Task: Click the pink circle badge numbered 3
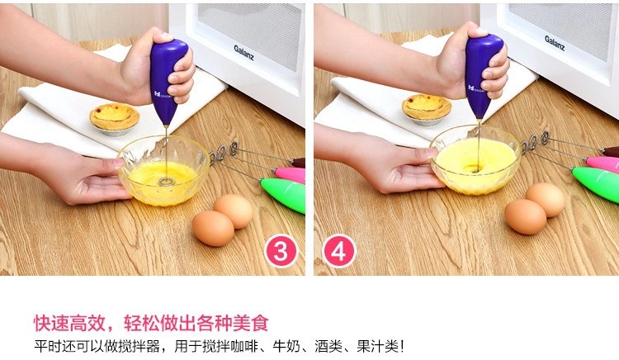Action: (280, 250)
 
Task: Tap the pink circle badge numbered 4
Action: (338, 250)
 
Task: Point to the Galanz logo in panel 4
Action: (555, 38)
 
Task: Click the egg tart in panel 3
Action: (115, 116)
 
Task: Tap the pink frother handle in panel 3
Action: (289, 175)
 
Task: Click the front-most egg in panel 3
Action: (213, 228)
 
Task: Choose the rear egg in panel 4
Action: (546, 199)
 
